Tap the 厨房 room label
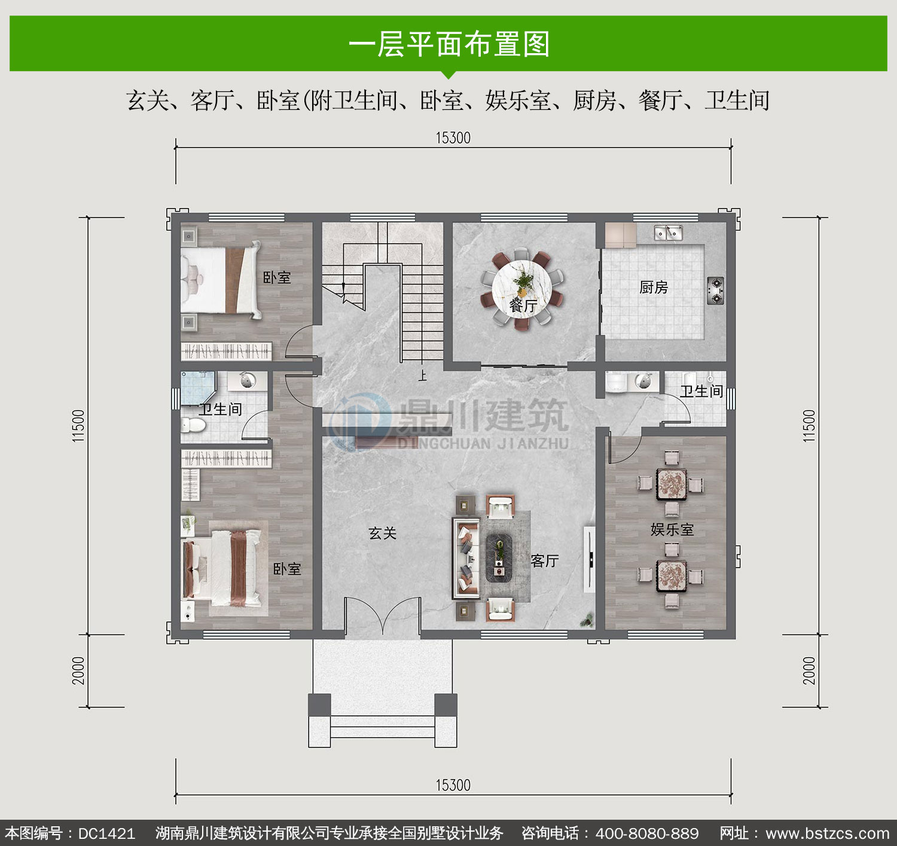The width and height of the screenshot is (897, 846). click(653, 287)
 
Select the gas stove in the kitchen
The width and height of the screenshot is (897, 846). click(715, 290)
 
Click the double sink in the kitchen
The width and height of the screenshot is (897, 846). click(668, 233)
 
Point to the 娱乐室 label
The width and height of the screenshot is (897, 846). click(672, 529)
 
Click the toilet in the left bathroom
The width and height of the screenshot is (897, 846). click(193, 424)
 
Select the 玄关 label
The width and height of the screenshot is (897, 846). click(382, 533)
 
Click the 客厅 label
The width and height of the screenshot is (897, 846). click(545, 560)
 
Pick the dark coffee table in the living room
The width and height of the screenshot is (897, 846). click(499, 559)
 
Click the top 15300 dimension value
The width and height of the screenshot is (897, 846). click(453, 137)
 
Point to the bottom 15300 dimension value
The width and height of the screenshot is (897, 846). click(453, 785)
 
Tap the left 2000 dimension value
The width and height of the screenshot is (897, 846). click(78, 670)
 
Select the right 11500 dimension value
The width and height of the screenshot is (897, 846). click(809, 425)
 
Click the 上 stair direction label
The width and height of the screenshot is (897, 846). click(422, 375)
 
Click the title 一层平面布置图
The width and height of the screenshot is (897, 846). click(449, 44)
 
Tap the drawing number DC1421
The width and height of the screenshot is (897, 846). click(106, 833)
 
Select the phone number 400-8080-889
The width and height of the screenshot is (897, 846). click(647, 833)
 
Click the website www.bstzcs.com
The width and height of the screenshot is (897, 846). click(828, 833)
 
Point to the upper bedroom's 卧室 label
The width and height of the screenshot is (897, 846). click(277, 277)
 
